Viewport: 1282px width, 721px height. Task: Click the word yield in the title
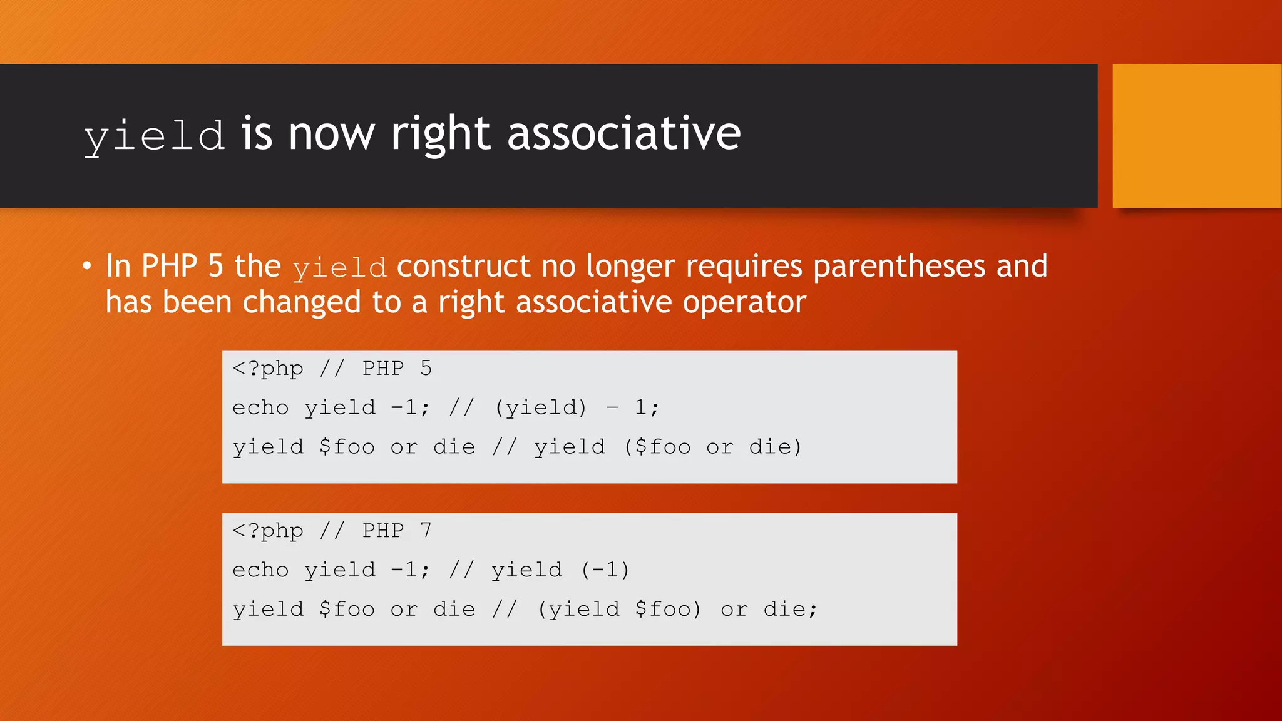pyautogui.click(x=154, y=135)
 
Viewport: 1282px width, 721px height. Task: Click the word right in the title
pyautogui.click(x=440, y=135)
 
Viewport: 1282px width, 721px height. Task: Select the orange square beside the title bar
pyautogui.click(x=1196, y=136)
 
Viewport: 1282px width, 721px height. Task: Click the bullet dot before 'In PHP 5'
pyautogui.click(x=87, y=266)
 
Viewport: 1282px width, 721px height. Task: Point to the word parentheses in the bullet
pyautogui.click(x=899, y=267)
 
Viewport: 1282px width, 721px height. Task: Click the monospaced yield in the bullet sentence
pyautogui.click(x=339, y=268)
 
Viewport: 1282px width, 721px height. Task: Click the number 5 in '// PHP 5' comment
pyautogui.click(x=426, y=368)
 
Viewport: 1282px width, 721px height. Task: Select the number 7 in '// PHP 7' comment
pyautogui.click(x=426, y=531)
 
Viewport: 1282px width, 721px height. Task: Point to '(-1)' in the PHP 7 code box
pyautogui.click(x=605, y=570)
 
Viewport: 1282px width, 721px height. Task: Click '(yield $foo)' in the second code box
pyautogui.click(x=619, y=610)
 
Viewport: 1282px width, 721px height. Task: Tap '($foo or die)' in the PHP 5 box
pyautogui.click(x=713, y=447)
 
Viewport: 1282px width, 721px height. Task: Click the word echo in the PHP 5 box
pyautogui.click(x=260, y=408)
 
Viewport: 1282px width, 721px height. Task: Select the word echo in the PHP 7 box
pyautogui.click(x=260, y=570)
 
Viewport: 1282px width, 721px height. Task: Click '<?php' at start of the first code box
pyautogui.click(x=268, y=369)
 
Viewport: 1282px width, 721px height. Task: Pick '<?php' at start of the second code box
pyautogui.click(x=268, y=531)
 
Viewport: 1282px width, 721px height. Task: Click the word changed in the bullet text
pyautogui.click(x=301, y=302)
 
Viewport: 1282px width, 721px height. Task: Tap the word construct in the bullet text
pyautogui.click(x=463, y=267)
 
